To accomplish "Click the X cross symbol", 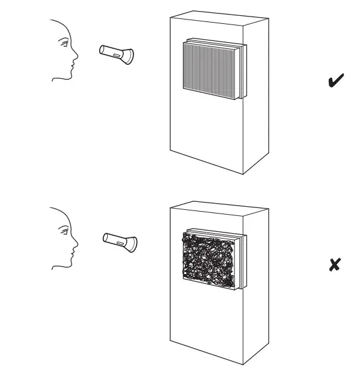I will (x=334, y=265).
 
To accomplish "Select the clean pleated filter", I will (x=212, y=68).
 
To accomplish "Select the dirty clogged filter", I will (x=208, y=259).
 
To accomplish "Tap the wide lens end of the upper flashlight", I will (x=130, y=56).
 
